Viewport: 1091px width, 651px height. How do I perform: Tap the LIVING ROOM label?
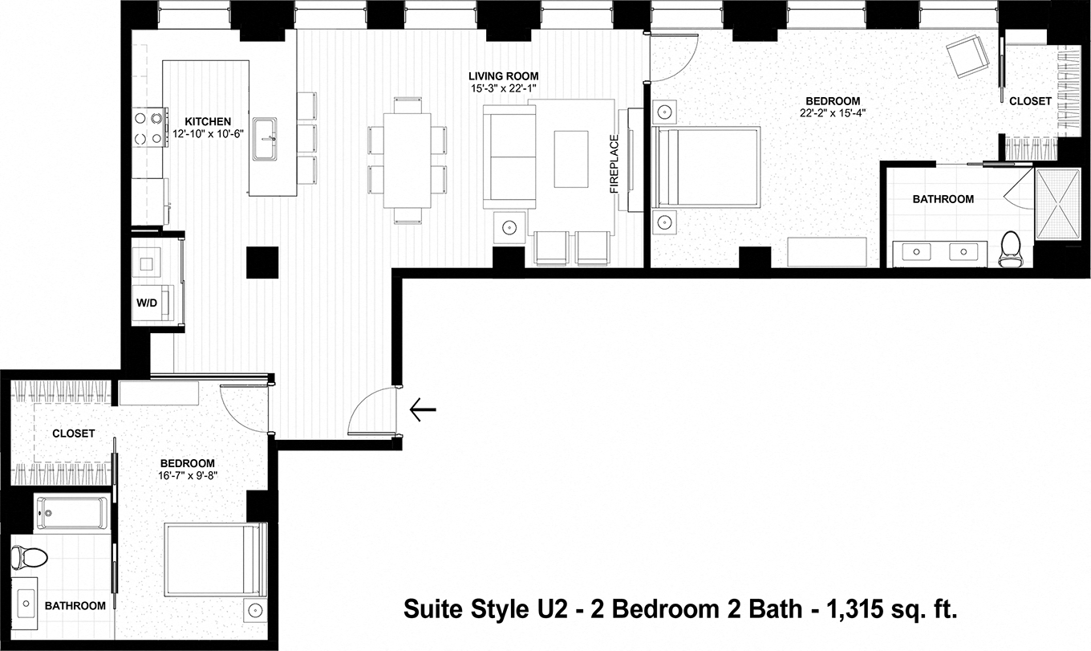point(505,76)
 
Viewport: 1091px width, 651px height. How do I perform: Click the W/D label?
point(147,303)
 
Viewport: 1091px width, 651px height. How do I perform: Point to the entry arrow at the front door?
point(422,410)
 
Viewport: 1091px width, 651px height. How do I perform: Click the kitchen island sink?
point(266,138)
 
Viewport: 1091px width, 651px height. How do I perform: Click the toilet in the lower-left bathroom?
point(30,555)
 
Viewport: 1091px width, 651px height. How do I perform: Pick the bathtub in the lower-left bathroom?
point(71,512)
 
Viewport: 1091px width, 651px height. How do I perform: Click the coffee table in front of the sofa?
point(571,158)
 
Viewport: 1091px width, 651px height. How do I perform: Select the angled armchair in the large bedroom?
point(968,55)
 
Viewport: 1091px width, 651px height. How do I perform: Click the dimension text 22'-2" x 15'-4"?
point(833,113)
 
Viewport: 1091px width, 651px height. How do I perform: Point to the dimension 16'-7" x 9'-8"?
point(187,475)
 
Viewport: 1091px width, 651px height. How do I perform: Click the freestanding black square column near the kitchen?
point(262,262)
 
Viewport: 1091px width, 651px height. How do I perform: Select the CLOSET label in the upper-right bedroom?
point(1030,101)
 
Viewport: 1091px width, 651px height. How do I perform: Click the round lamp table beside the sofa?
point(509,228)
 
